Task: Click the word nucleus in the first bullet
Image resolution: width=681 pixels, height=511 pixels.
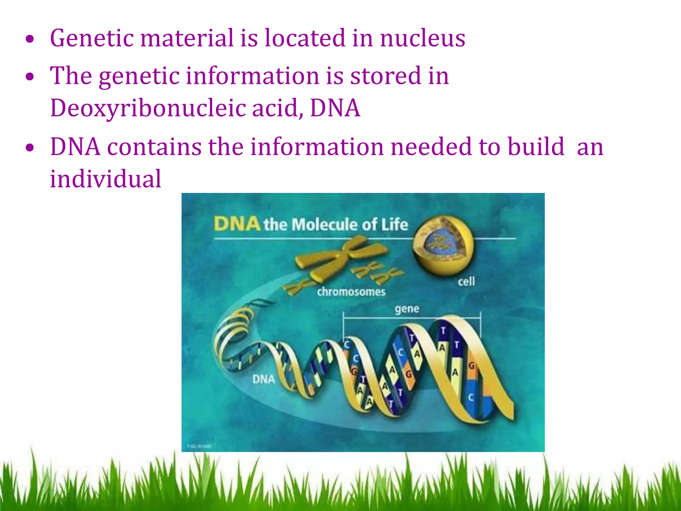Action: click(422, 38)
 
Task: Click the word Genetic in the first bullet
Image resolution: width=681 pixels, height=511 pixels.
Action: click(92, 38)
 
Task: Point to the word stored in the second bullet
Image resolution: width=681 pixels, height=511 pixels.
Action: click(386, 76)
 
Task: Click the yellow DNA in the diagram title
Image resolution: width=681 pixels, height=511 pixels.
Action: click(237, 224)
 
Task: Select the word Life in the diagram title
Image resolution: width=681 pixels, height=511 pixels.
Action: click(394, 225)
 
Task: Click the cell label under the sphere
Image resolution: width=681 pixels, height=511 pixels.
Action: click(466, 282)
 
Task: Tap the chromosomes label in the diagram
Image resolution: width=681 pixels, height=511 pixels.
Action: click(351, 292)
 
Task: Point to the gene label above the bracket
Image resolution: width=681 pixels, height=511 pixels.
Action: click(407, 309)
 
